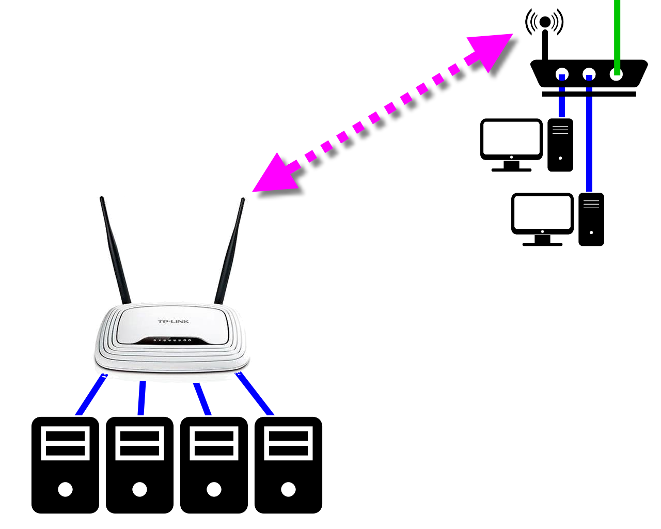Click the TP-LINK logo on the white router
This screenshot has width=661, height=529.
(x=174, y=321)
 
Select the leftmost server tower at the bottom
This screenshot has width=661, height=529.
(x=65, y=465)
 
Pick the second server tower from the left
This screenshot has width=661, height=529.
(x=139, y=465)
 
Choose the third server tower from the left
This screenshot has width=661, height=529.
(x=214, y=465)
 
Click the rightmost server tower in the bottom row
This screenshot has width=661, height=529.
(x=288, y=465)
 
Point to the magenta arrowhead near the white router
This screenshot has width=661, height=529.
(x=274, y=176)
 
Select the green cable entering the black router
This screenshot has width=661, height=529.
(x=617, y=31)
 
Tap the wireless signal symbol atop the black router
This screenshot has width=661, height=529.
(x=545, y=22)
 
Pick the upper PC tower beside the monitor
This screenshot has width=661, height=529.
(x=560, y=145)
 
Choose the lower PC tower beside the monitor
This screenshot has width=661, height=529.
(x=591, y=219)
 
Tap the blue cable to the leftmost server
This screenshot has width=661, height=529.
(x=91, y=396)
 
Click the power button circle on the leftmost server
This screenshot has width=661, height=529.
(x=65, y=489)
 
